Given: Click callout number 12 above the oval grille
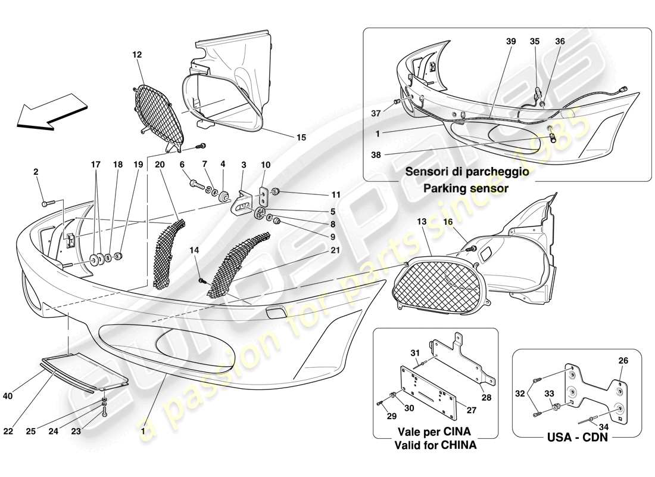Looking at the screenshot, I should [137, 55].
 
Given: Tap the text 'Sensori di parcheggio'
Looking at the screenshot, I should [467, 172].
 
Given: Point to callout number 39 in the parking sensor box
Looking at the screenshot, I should [510, 42].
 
